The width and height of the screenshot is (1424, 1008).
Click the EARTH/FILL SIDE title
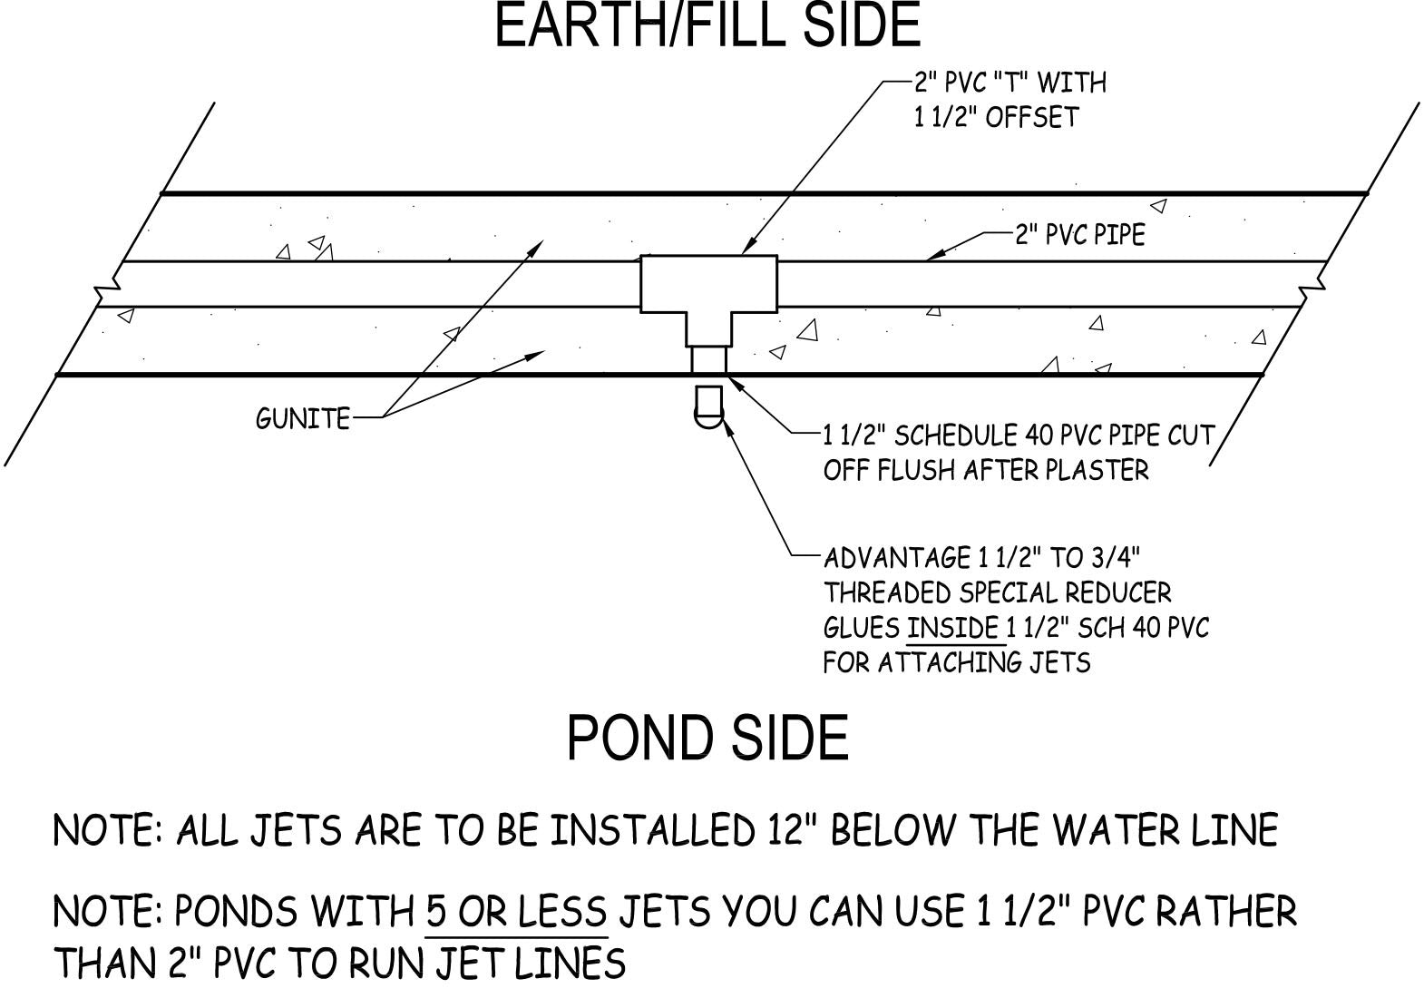tap(707, 25)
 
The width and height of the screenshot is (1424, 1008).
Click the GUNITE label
tap(303, 418)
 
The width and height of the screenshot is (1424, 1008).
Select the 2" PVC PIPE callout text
tap(1079, 234)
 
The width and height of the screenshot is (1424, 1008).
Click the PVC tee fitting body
tap(708, 285)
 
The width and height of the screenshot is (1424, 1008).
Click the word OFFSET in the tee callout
tap(1031, 117)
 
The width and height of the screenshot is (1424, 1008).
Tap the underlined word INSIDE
tap(952, 627)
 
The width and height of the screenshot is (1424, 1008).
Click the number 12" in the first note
tap(781, 829)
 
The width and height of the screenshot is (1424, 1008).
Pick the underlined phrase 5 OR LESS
tap(516, 911)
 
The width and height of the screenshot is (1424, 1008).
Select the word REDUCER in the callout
tap(1117, 592)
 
